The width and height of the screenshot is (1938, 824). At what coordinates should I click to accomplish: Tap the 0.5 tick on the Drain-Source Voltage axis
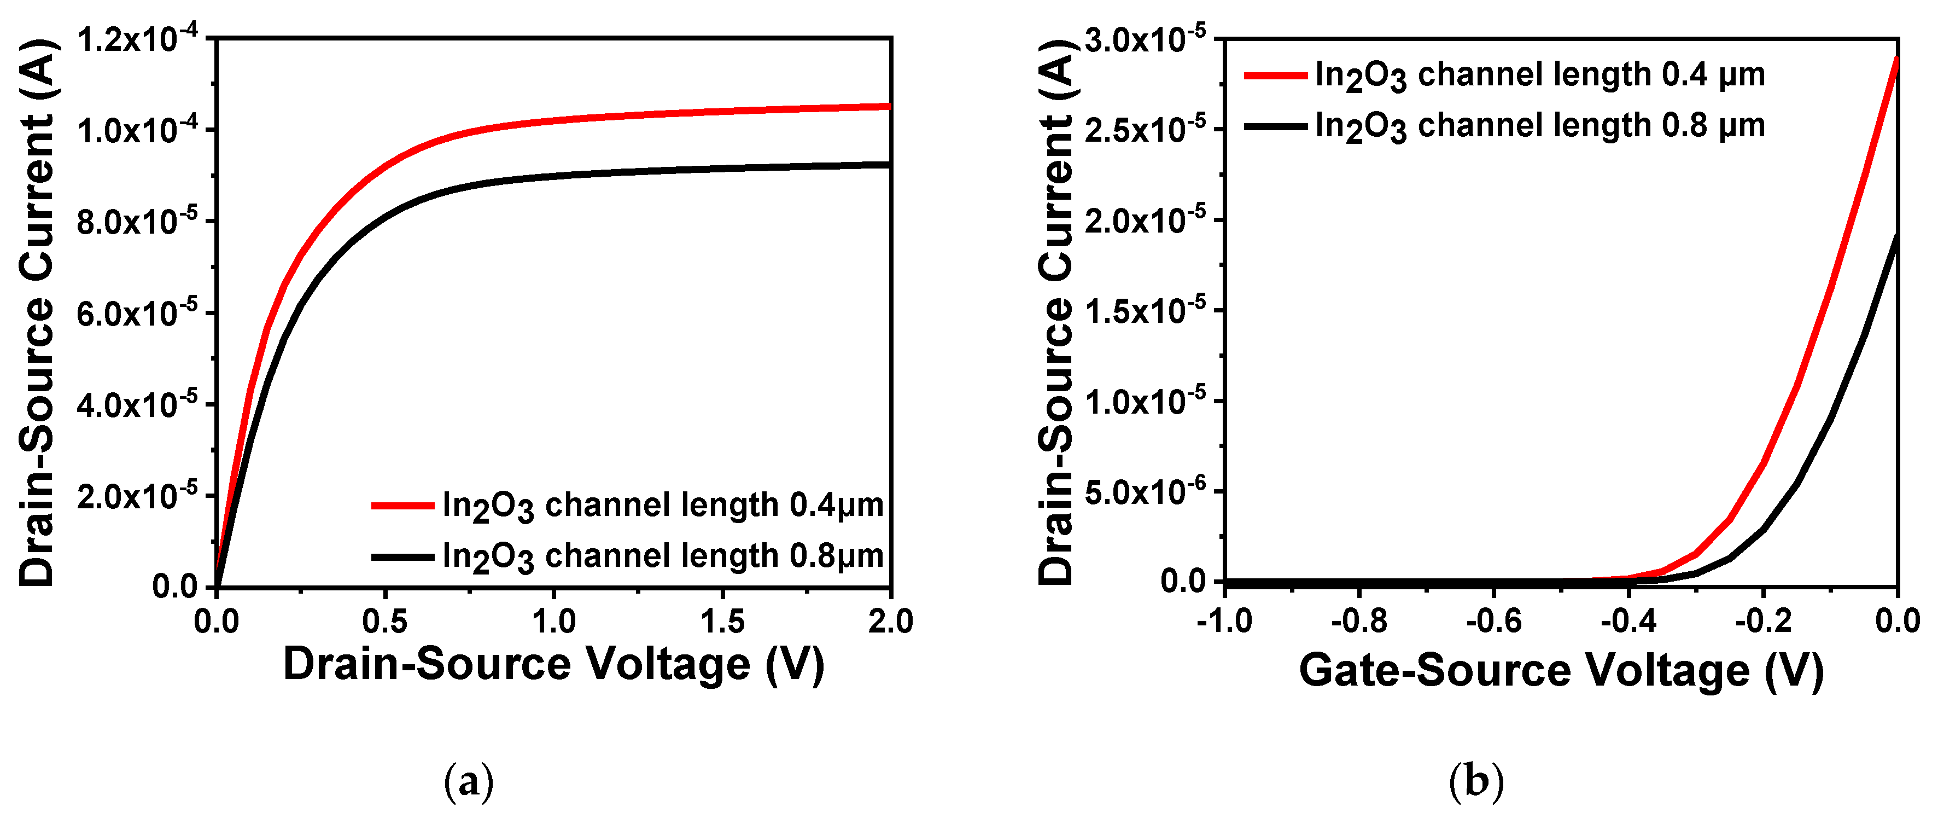pos(384,622)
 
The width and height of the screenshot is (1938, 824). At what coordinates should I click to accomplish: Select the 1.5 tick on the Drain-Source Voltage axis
pos(722,622)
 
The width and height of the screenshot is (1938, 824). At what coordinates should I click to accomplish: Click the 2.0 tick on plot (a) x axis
pos(890,622)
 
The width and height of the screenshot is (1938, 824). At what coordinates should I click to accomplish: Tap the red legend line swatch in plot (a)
pos(402,506)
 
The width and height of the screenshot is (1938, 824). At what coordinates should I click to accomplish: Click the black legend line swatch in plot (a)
pos(402,557)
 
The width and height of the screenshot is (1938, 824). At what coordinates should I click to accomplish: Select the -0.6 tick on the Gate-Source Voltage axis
pos(1493,622)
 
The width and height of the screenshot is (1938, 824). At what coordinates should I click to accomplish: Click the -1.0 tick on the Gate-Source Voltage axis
pos(1225,622)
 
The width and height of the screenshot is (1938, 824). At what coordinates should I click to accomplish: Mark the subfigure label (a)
pos(469,782)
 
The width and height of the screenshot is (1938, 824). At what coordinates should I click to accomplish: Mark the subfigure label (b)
pos(1475,782)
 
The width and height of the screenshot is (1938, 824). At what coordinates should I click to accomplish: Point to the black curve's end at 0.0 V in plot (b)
pos(1896,235)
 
